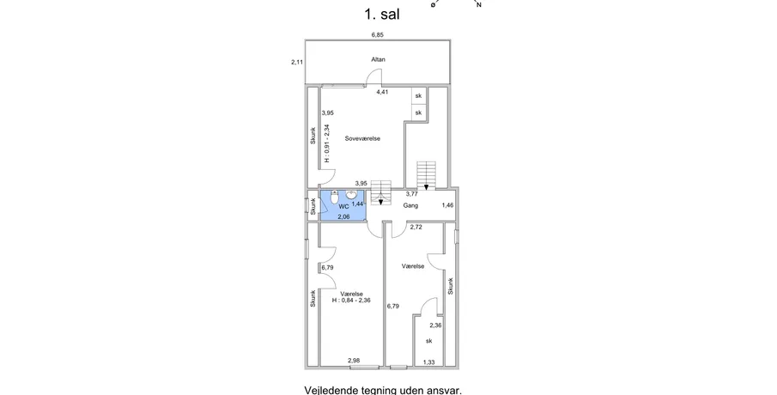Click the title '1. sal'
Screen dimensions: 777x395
tap(381, 14)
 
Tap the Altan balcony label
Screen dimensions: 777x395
tap(378, 59)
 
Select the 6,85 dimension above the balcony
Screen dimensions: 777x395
tap(378, 34)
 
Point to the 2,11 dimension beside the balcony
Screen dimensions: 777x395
tap(297, 63)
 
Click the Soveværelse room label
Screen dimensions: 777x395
tap(362, 139)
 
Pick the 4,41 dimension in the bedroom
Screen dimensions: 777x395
tap(382, 92)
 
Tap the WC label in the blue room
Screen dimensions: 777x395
tap(344, 206)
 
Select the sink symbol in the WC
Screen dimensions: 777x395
tap(351, 194)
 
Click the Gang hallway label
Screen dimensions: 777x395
tap(410, 205)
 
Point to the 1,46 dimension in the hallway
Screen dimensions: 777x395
tap(447, 204)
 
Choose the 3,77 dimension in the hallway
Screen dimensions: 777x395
tap(412, 194)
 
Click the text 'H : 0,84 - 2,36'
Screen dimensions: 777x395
tap(351, 300)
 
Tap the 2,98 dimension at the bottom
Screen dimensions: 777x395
tap(354, 361)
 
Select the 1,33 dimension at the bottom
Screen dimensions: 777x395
tap(428, 362)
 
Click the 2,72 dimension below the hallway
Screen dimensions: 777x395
tap(416, 227)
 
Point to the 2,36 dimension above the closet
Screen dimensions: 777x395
tap(435, 325)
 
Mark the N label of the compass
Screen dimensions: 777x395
tap(479, 4)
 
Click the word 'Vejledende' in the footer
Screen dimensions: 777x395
tap(329, 390)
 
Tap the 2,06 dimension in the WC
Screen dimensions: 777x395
tap(343, 216)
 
